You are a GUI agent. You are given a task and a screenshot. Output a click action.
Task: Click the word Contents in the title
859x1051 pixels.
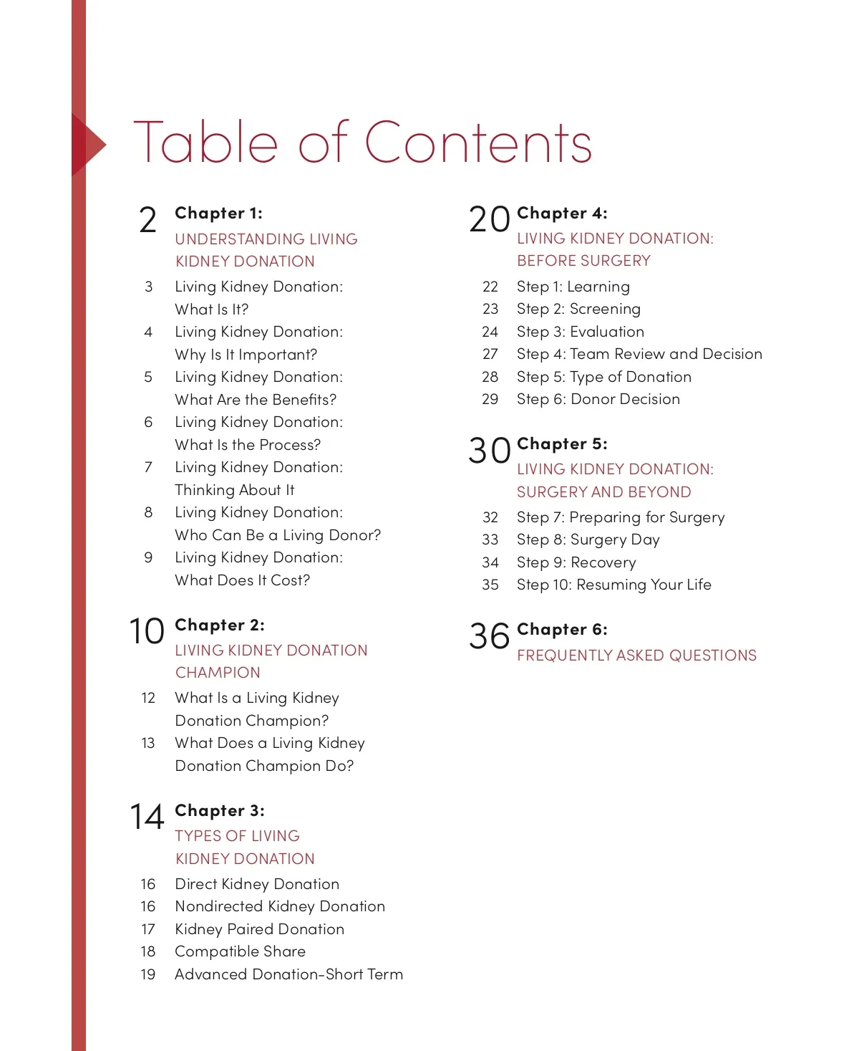(x=478, y=142)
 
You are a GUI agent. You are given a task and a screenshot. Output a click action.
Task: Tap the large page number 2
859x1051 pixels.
(x=147, y=220)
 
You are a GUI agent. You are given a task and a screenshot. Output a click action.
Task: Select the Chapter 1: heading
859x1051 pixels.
(x=218, y=213)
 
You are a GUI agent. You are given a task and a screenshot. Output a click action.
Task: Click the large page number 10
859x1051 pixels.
(x=147, y=631)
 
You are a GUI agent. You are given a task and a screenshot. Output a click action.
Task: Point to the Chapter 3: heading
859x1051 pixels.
(x=219, y=810)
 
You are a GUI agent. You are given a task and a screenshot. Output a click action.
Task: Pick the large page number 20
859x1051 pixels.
(x=489, y=219)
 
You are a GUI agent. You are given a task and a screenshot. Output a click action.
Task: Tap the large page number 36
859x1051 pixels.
(x=489, y=635)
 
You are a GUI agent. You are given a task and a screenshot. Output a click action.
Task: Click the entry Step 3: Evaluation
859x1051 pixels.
(x=580, y=332)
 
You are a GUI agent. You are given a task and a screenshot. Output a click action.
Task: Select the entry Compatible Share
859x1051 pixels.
(x=240, y=951)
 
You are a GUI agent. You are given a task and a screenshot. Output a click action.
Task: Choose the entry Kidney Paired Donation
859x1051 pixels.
(x=259, y=929)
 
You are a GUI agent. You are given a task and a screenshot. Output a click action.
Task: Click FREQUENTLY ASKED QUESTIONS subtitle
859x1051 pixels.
(x=636, y=656)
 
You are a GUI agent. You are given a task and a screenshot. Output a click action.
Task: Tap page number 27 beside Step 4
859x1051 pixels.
(x=490, y=354)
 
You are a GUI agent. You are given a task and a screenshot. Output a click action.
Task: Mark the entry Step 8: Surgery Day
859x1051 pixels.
(x=588, y=539)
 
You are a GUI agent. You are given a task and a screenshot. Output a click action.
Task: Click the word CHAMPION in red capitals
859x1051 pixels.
(x=218, y=673)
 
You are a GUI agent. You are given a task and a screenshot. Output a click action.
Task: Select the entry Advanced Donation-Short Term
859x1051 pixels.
(x=288, y=974)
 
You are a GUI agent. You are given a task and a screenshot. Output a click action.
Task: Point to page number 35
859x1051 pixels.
(x=490, y=585)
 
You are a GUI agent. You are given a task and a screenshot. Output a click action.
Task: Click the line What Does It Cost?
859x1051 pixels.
(x=242, y=580)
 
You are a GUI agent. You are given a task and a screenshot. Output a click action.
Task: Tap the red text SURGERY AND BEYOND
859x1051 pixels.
(x=603, y=492)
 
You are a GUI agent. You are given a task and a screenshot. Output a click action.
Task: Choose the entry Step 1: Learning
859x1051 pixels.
(x=573, y=287)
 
